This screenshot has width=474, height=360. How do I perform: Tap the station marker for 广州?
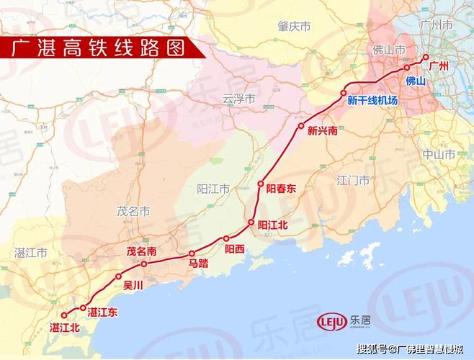(x=426, y=57)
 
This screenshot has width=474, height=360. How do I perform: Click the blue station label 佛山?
(x=416, y=81)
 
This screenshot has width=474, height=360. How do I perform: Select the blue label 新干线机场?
(x=372, y=101)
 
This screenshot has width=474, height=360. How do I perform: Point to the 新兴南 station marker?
(x=300, y=127)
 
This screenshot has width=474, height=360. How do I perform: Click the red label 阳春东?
(x=281, y=189)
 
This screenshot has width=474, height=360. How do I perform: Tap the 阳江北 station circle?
(x=251, y=223)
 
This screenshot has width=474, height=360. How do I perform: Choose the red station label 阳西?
(x=235, y=249)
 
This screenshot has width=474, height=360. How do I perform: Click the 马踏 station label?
(x=198, y=264)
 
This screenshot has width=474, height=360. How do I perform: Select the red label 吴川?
(x=134, y=285)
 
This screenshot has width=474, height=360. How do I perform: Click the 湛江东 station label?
(x=102, y=312)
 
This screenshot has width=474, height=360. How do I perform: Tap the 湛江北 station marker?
(x=63, y=315)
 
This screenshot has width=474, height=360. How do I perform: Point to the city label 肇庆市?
(x=294, y=26)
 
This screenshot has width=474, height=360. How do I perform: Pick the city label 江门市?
(x=353, y=180)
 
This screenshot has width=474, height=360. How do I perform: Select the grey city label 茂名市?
(x=133, y=212)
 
